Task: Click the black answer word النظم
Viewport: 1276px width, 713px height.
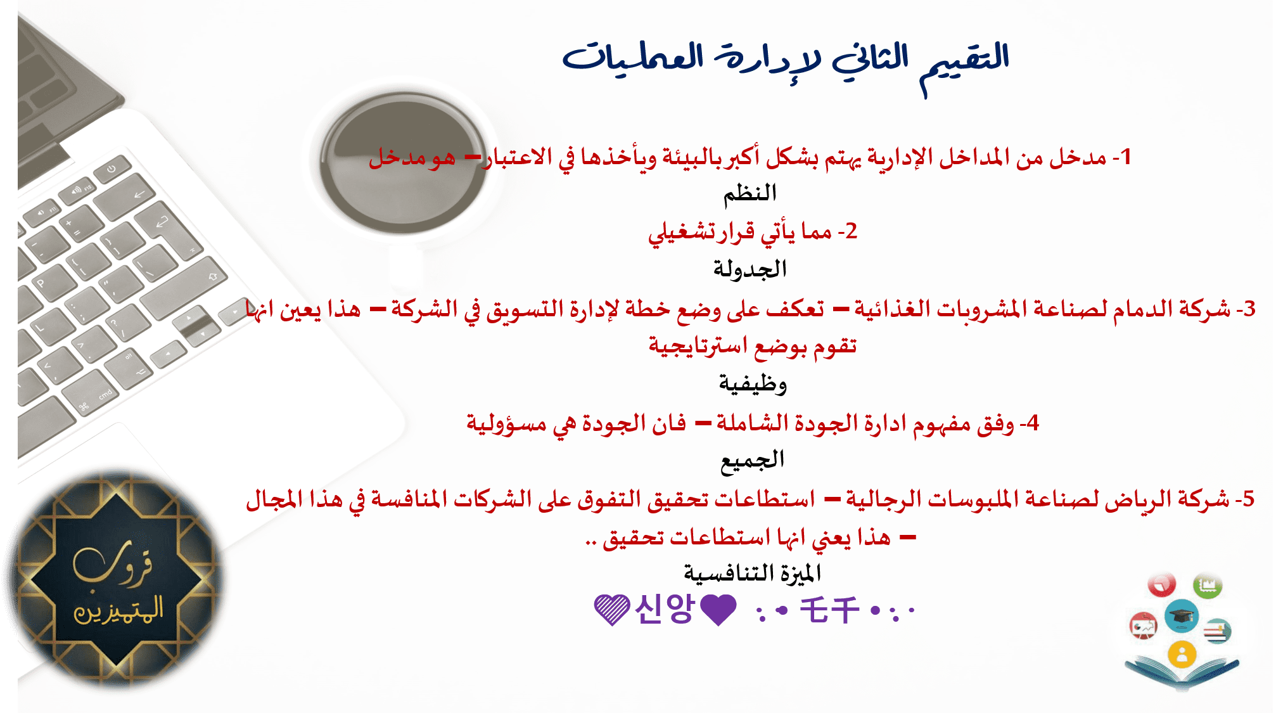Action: click(750, 193)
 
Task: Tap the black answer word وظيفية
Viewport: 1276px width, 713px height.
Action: click(753, 384)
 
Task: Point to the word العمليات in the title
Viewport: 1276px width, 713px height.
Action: click(634, 57)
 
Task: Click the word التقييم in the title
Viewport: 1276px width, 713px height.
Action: click(964, 63)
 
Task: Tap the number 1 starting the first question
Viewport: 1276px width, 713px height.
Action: click(1125, 157)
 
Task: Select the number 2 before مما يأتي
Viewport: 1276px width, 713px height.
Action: click(851, 231)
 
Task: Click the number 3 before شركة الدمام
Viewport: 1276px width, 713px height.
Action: click(1249, 309)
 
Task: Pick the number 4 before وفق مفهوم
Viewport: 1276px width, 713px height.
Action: click(1033, 423)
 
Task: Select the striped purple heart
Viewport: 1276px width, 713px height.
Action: click(612, 610)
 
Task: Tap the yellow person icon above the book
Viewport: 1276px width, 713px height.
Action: click(1182, 655)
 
